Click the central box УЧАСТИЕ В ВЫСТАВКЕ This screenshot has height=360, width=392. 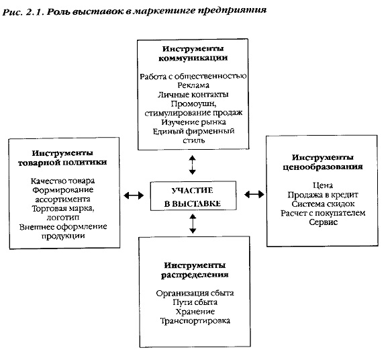pos(193,195)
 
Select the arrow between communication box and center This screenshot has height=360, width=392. pos(192,165)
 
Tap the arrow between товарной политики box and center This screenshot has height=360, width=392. pos(134,195)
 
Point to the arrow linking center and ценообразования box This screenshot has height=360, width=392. pos(254,194)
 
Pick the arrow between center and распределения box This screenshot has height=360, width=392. pos(193,224)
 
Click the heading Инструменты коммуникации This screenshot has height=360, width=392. pos(193,53)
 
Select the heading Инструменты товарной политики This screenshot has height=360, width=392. pos(62,158)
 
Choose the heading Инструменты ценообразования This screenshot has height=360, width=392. pos(323,162)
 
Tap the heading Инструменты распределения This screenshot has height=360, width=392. pos(195,270)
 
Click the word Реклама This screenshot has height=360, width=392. pos(193,85)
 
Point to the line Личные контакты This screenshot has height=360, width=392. pos(193,95)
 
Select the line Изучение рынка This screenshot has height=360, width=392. pos(193,122)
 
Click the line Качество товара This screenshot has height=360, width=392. pos(62,181)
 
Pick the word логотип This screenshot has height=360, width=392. pos(63,218)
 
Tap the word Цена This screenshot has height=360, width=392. pos(323,185)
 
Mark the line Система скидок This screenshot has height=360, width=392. pos(323,204)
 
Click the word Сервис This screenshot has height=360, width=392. pos(324,222)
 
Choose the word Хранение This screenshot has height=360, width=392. pos(195,312)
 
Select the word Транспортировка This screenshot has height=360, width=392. pos(195,321)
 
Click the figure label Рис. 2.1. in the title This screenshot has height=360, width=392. pos(23,12)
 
